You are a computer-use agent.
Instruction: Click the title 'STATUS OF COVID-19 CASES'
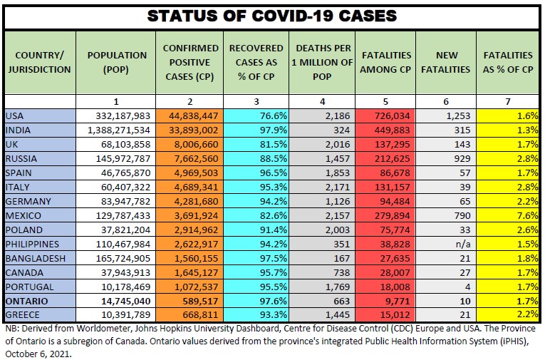pos(271,16)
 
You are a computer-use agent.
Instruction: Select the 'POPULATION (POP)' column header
pos(117,62)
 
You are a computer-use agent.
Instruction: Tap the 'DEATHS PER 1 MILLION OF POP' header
pos(324,62)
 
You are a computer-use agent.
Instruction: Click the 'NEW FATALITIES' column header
pos(446,62)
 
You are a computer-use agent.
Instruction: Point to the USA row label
pos(15,116)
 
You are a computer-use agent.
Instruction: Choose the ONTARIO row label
pos(26,302)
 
